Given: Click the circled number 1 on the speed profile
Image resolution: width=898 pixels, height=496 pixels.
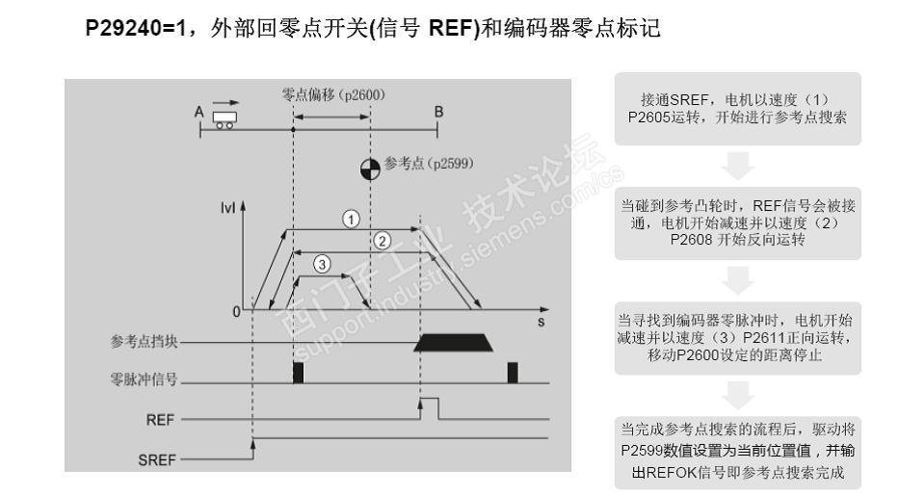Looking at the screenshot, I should pyautogui.click(x=352, y=219).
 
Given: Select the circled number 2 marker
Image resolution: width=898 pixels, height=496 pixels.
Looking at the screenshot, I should pyautogui.click(x=382, y=240).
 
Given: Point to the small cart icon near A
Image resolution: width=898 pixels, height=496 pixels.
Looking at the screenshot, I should pyautogui.click(x=225, y=117).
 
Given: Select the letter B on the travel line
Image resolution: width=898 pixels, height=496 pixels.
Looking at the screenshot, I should pyautogui.click(x=438, y=112).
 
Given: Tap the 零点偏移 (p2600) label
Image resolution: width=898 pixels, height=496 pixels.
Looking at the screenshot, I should pyautogui.click(x=331, y=94).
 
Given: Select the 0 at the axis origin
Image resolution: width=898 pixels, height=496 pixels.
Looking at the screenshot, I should pyautogui.click(x=236, y=311).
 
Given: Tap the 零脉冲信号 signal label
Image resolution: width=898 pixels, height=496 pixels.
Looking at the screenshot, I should pyautogui.click(x=145, y=380).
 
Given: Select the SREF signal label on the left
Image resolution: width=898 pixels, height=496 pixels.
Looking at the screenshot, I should pyautogui.click(x=158, y=459).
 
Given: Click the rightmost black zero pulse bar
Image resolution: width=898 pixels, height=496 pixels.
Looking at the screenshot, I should pyautogui.click(x=513, y=373).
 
